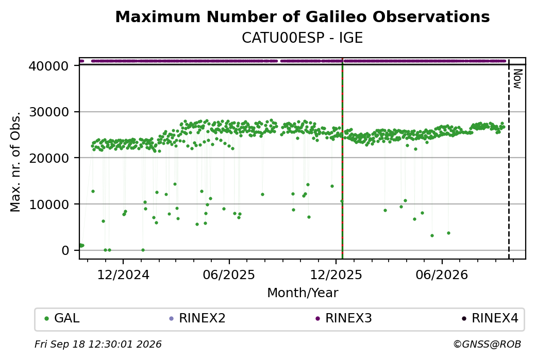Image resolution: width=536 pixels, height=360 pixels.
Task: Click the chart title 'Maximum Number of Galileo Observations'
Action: click(x=303, y=16)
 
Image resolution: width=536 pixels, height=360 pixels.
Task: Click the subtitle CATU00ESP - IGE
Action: click(x=302, y=38)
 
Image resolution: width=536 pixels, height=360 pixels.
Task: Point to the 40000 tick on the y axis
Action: click(x=49, y=66)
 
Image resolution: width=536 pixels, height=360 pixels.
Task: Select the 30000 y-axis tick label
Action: click(x=49, y=112)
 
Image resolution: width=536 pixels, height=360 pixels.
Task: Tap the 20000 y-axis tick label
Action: click(x=49, y=158)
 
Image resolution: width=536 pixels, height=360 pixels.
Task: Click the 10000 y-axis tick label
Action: click(x=49, y=204)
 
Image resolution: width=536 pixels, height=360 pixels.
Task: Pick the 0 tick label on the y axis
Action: click(x=65, y=250)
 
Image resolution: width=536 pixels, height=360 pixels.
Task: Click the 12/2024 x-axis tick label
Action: click(x=123, y=275)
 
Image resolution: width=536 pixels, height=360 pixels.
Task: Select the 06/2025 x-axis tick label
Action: click(x=229, y=275)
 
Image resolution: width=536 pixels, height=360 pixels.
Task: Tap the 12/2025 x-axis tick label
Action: click(x=336, y=275)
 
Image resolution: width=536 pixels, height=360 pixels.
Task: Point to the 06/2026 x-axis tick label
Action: click(x=442, y=275)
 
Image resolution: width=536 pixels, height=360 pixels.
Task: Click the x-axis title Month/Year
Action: click(x=303, y=293)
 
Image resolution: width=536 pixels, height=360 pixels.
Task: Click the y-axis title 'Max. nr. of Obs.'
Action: click(x=15, y=162)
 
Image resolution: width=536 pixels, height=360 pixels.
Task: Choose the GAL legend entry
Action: click(x=62, y=318)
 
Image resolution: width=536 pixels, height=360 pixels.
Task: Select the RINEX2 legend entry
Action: click(x=197, y=318)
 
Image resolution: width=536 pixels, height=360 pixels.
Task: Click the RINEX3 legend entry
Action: click(x=344, y=318)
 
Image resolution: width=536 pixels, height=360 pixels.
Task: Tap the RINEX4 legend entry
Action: click(x=490, y=318)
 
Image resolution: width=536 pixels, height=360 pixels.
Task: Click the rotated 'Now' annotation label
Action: click(x=517, y=79)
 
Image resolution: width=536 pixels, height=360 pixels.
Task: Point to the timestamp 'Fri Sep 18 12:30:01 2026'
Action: click(x=98, y=344)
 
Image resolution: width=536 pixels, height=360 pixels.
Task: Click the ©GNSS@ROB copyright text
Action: click(x=487, y=344)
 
